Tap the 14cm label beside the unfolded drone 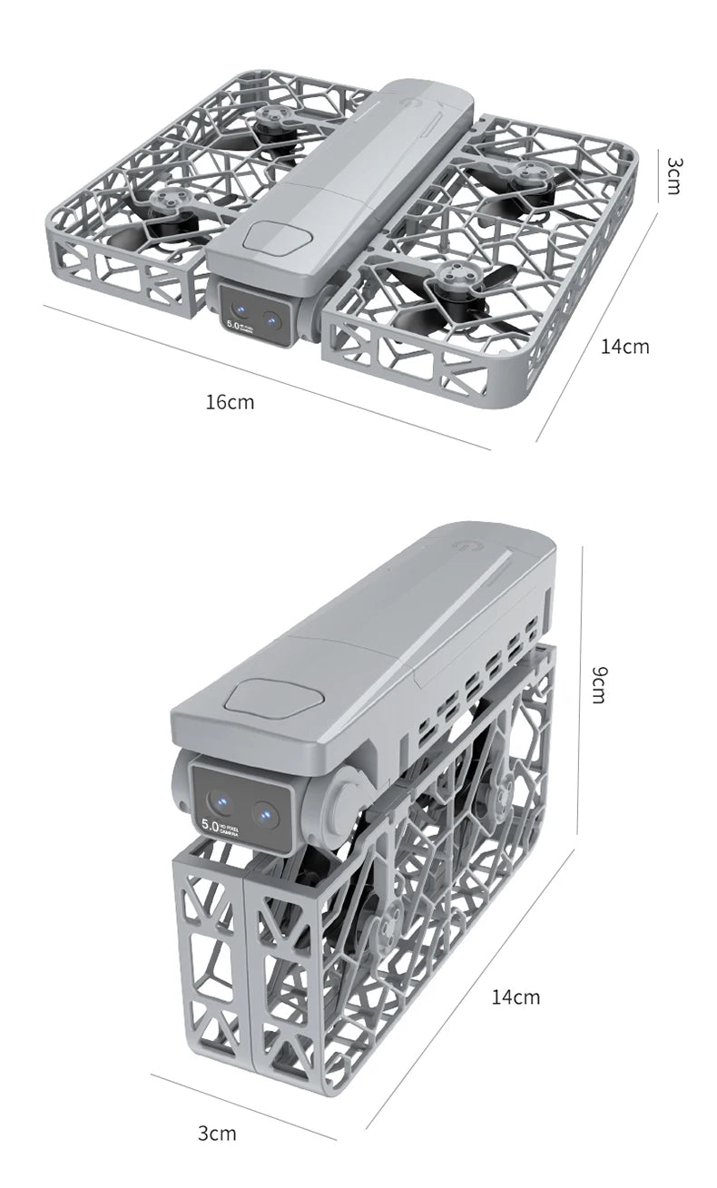point(624,346)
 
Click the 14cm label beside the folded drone point(515,997)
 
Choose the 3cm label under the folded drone point(216,1133)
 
